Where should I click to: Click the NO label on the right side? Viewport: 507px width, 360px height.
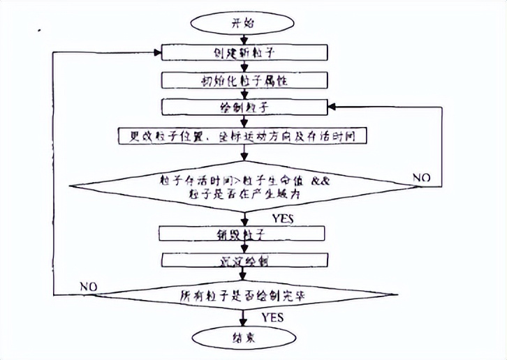(x=422, y=178)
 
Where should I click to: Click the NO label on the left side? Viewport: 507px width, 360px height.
(x=89, y=285)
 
